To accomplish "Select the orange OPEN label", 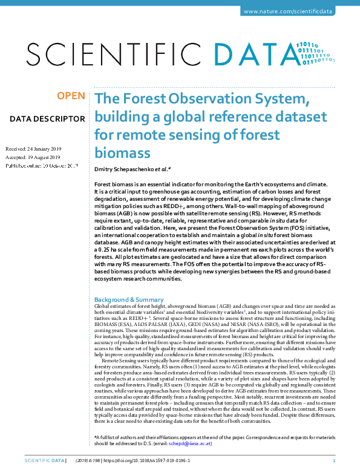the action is click(x=71, y=96).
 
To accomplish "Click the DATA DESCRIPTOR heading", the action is click(x=47, y=119).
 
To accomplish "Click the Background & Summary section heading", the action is click(x=129, y=299).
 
